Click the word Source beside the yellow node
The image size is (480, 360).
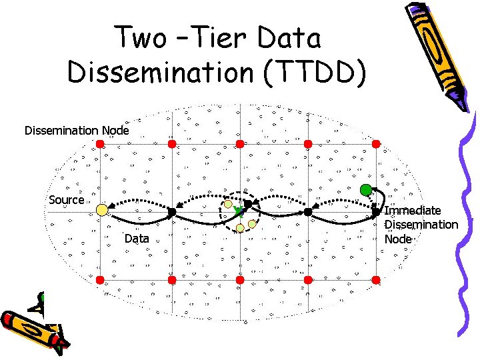click(x=67, y=199)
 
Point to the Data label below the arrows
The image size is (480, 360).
click(x=137, y=238)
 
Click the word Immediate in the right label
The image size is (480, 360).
click(x=413, y=211)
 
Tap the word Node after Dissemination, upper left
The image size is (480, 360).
click(x=115, y=130)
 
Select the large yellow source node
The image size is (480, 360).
click(x=101, y=210)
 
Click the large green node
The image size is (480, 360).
click(x=365, y=189)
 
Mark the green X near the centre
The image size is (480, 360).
click(x=239, y=211)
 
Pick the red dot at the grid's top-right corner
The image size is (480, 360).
click(x=376, y=143)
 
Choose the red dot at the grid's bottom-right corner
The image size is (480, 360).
click(x=376, y=280)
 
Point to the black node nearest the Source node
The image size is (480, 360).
click(x=171, y=212)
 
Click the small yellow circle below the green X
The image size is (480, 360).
click(x=240, y=228)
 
